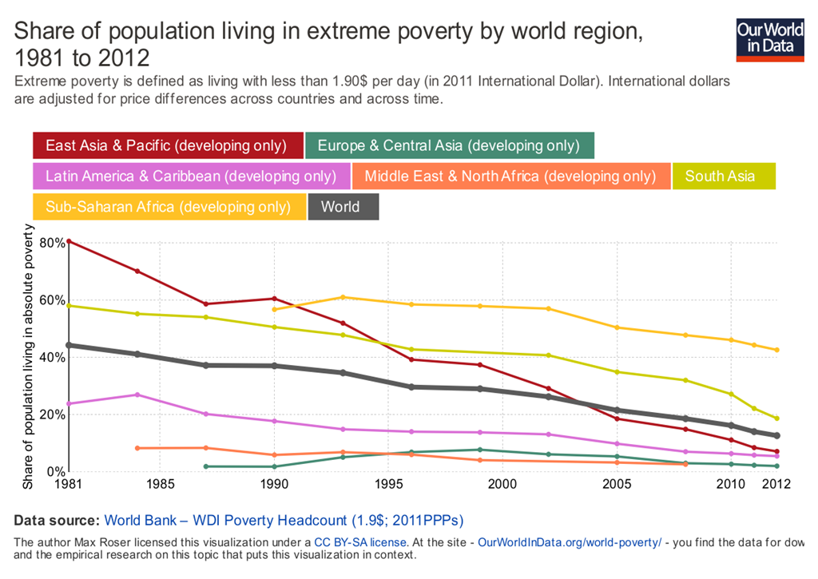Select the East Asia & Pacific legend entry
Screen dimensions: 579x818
tap(168, 145)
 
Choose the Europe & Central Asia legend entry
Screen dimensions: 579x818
tap(449, 145)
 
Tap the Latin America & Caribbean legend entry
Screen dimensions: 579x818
tap(192, 176)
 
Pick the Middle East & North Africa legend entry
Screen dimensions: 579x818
tap(511, 176)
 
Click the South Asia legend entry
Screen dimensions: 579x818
tap(723, 176)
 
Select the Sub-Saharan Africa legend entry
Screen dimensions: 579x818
tap(169, 206)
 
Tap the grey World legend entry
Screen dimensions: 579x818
tap(343, 206)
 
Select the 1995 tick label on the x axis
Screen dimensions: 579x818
tap(388, 484)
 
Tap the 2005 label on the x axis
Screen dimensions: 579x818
tap(616, 484)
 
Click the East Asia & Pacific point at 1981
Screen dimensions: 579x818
tap(69, 241)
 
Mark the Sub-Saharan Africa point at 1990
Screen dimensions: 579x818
tap(274, 309)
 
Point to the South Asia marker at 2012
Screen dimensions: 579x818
tap(776, 418)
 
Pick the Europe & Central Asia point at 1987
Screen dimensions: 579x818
tap(206, 466)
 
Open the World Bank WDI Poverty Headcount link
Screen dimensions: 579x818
tap(284, 520)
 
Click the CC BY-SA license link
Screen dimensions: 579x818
tap(360, 542)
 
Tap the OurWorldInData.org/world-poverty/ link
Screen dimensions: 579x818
tap(570, 542)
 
